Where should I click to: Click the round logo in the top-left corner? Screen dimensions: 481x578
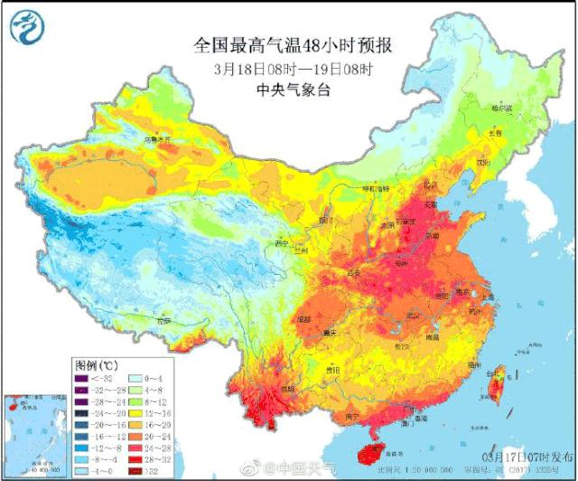coord(24,28)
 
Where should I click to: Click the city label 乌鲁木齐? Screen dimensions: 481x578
coord(156,141)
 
